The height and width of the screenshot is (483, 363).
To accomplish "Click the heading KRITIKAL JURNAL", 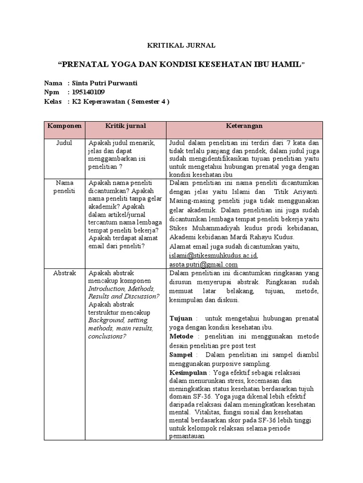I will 181,46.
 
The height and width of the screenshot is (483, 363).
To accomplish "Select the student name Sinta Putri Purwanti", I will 104,83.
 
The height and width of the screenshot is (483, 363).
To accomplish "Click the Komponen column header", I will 65,126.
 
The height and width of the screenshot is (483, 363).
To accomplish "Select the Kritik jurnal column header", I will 125,126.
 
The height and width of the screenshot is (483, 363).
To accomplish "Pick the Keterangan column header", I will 244,126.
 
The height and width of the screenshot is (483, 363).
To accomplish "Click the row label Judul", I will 64,143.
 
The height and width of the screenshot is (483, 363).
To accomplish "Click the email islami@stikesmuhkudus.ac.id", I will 213,256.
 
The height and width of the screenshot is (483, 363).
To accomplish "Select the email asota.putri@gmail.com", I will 203,264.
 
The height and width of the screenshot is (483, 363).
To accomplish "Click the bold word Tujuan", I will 181,319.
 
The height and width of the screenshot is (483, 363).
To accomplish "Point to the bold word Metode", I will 181,336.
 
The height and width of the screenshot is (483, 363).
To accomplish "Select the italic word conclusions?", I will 107,336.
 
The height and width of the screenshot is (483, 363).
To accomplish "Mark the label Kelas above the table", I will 52,101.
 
